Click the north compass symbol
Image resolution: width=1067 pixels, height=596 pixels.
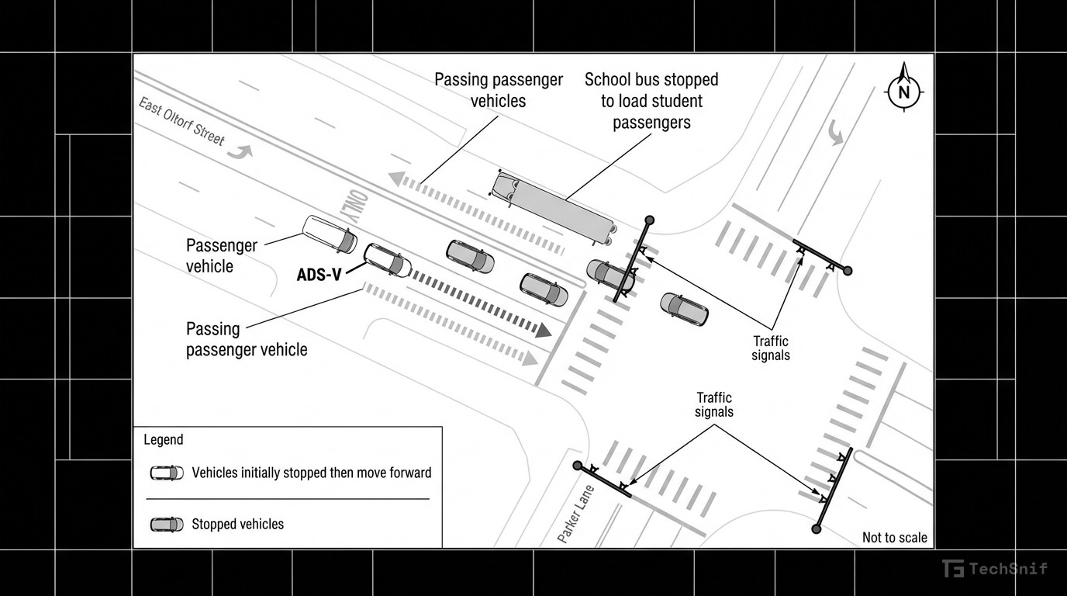pos(903,92)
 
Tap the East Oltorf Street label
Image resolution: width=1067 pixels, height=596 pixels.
pos(182,122)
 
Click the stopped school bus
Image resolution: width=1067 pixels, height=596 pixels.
pos(553,203)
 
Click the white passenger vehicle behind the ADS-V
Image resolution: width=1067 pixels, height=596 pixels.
pos(330,234)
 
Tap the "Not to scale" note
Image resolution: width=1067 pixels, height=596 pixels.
pos(894,537)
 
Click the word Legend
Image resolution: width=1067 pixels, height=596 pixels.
pos(164,440)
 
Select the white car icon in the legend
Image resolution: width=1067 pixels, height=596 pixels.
pos(167,473)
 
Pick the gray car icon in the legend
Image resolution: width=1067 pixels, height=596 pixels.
pos(167,525)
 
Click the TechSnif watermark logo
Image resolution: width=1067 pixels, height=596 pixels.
pos(995,569)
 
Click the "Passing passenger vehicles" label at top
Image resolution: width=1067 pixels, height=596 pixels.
pos(498,90)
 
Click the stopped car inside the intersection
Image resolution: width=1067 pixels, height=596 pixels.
pos(684,309)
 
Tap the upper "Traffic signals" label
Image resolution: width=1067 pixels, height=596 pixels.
pos(771,348)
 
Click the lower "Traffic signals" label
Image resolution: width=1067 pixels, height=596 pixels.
pos(713,404)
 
